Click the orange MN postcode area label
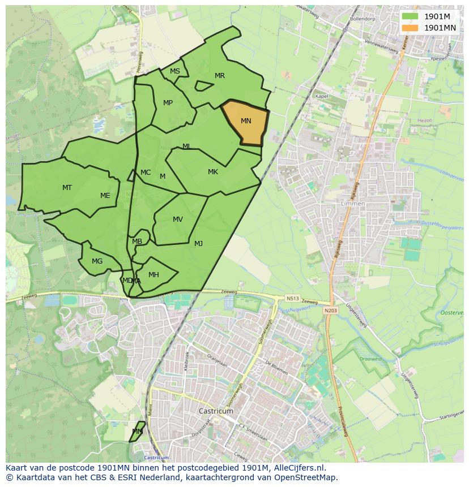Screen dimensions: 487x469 [246, 121]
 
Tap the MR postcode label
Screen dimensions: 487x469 [220, 76]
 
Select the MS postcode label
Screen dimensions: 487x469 [175, 71]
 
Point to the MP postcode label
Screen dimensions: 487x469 [168, 103]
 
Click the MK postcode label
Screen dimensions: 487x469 [213, 172]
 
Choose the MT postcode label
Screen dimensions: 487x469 [67, 187]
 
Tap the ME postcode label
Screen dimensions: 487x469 [105, 196]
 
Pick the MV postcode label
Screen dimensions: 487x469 [178, 219]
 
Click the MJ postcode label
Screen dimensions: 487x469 [198, 244]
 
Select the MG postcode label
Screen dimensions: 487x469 [97, 261]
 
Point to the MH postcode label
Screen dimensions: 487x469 [154, 275]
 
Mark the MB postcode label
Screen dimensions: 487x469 [137, 242]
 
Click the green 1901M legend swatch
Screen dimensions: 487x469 [410, 16]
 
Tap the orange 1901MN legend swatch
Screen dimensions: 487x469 [410, 28]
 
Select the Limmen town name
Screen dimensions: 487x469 [353, 204]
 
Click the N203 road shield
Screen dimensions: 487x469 [330, 311]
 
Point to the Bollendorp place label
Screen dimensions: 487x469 [363, 19]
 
